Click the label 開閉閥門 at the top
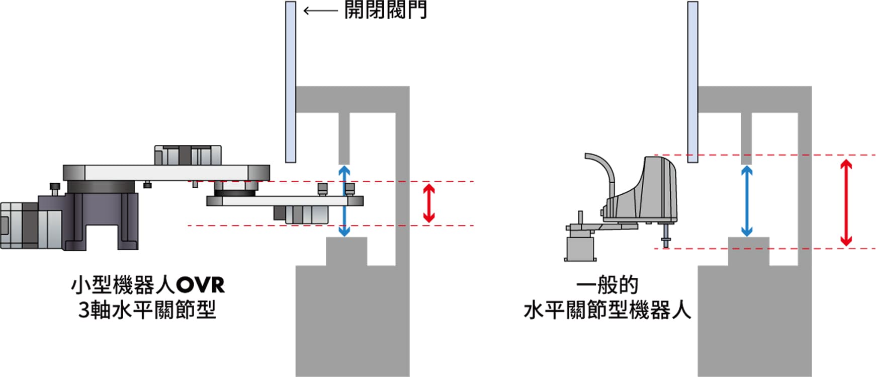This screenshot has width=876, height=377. pos(386,10)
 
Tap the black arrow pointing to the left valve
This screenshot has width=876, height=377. pos(320,10)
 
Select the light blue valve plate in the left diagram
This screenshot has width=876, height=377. pos(290,82)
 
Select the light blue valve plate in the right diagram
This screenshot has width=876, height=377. pos(692,82)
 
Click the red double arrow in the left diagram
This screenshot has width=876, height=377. pos(428,203)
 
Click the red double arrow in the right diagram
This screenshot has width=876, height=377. pos(846,203)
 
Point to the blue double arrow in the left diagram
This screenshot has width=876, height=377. pos(344,201)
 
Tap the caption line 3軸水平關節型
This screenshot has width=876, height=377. pos(147,310)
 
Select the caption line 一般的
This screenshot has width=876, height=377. pos(607,285)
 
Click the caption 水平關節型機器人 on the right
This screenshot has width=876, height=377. pos(607,310)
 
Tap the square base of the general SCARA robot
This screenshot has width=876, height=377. pos(581,248)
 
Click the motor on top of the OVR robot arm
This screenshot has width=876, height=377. pos(188,155)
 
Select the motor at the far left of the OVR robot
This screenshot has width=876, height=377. pos(20,225)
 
